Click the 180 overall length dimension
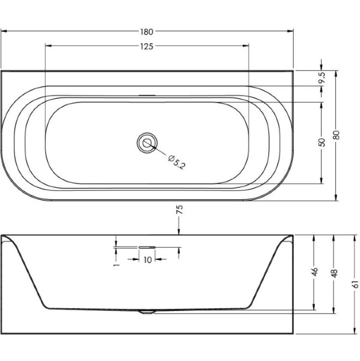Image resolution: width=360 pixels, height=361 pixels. pos(147,31)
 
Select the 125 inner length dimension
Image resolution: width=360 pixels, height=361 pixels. pos(147,46)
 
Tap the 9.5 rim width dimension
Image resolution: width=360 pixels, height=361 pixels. pos(322,78)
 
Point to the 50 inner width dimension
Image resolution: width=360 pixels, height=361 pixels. pos(322,142)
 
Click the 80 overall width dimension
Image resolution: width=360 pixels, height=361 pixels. pos(336,135)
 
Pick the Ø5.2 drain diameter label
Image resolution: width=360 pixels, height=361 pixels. pos(177,162)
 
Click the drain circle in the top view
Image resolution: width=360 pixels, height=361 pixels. pos(147,143)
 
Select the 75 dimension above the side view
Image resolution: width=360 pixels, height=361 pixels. pos(180,209)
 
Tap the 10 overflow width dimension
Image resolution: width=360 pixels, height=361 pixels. pos(147,260)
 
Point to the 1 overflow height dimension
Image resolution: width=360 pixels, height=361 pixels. pos(117,265)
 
